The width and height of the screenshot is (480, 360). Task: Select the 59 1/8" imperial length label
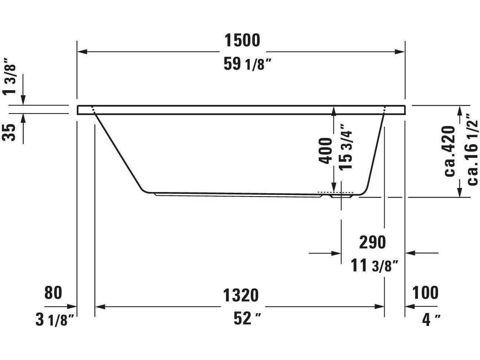coord(245,65)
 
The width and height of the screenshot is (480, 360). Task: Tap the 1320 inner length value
coord(241,295)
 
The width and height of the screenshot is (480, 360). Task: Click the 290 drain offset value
coord(372,242)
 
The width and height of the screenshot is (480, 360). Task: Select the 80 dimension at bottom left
coord(53,293)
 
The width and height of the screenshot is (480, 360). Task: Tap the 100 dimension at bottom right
coord(425,293)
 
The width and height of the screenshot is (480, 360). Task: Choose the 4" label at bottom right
coord(431,319)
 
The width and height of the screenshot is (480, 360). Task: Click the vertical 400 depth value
coord(325,151)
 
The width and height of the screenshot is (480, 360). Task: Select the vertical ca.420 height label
coord(450,151)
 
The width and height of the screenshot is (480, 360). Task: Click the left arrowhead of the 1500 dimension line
coord(82,52)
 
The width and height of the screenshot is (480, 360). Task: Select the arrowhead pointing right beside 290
coord(336,253)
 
